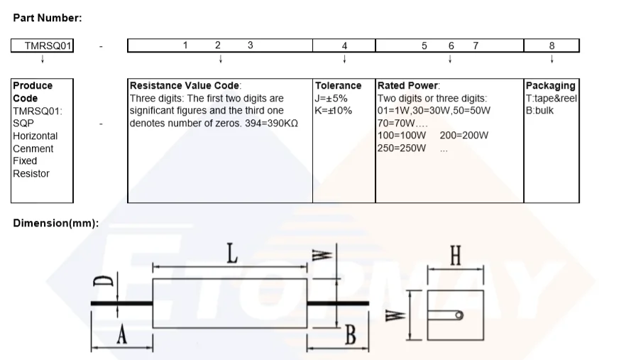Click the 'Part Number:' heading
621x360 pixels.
coord(48,17)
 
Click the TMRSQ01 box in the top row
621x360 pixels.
coord(43,46)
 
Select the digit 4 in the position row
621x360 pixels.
coord(344,46)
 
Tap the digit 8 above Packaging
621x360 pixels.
coord(551,46)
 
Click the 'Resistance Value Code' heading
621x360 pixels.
coord(185,86)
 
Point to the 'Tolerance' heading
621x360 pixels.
coord(338,86)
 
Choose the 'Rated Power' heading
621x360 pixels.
coord(408,86)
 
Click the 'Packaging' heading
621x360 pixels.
coord(550,86)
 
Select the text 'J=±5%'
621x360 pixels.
coord(331,98)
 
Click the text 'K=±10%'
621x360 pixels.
coord(334,111)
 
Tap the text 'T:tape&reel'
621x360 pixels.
coord(551,98)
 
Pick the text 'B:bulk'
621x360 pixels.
coord(539,111)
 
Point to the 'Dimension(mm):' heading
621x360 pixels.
coord(56,223)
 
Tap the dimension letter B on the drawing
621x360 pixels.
coord(349,335)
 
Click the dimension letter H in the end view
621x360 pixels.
coord(455,256)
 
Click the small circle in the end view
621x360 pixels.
coord(460,315)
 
